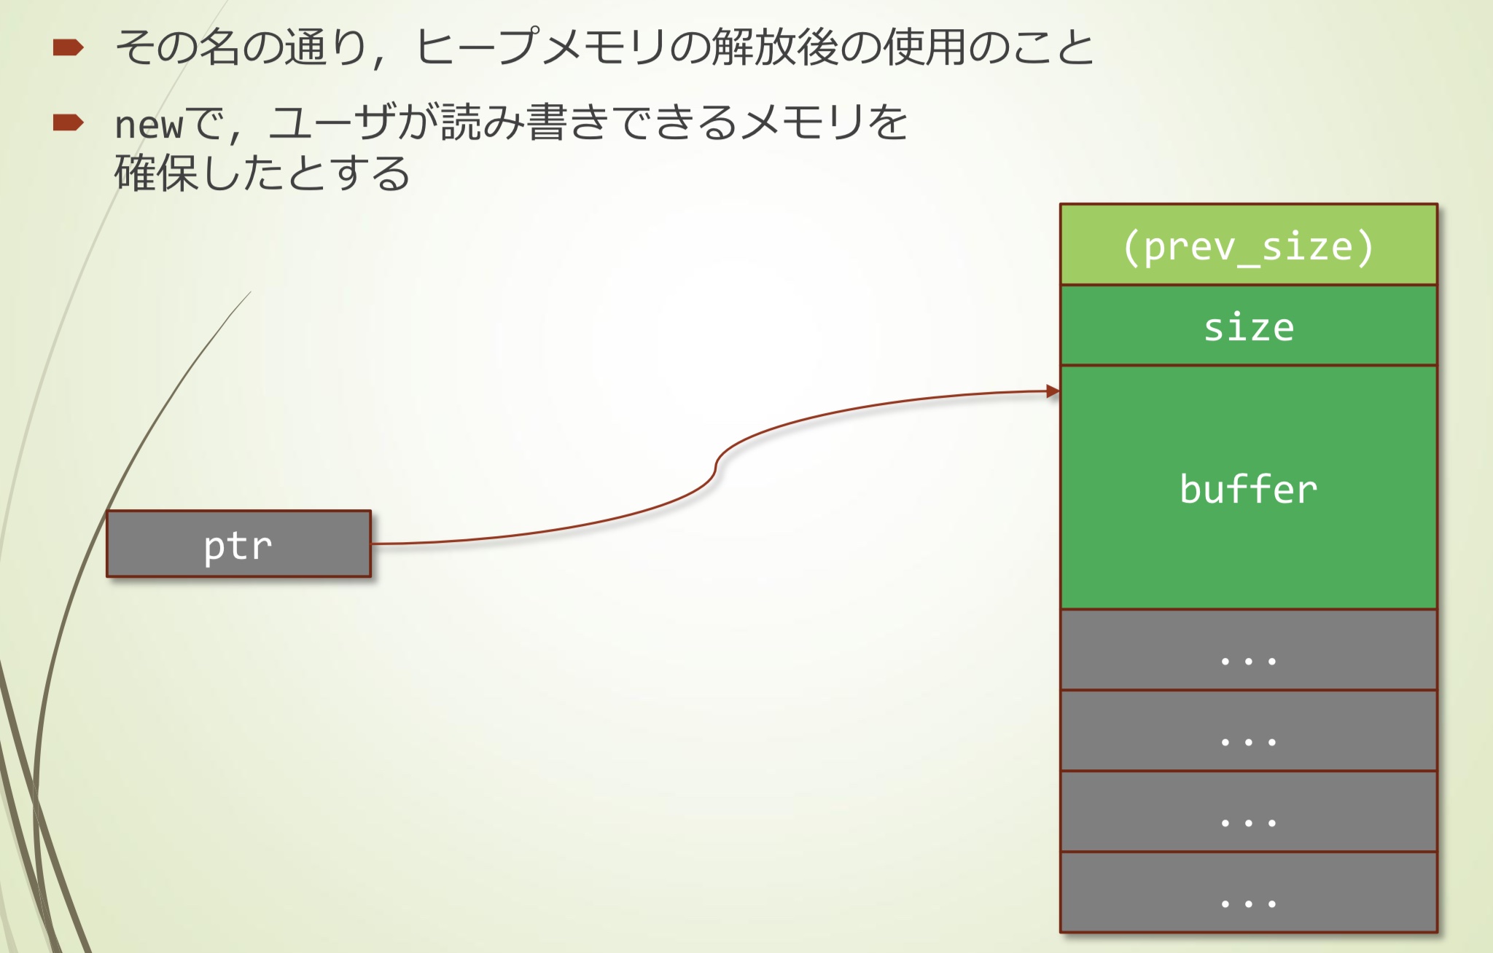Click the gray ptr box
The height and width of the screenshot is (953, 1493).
coord(238,544)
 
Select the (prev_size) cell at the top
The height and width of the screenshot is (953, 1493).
coord(1248,246)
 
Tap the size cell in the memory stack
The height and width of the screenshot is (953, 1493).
coord(1248,326)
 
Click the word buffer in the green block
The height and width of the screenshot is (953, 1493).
coord(1248,488)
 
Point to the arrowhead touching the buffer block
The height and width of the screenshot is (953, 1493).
coord(1053,391)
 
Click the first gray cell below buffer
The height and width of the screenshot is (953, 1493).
coord(1248,650)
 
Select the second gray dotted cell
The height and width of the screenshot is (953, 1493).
coord(1248,731)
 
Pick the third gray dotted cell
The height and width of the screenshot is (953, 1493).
coord(1248,812)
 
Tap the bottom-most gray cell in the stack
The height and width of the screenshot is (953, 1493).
coord(1248,893)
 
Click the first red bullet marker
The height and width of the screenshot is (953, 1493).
coord(68,48)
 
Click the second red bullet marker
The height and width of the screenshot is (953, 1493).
coord(68,122)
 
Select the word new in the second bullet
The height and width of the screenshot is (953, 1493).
coord(149,124)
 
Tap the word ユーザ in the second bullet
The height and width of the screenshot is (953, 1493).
coord(332,122)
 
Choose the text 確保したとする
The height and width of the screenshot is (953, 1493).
coord(262,173)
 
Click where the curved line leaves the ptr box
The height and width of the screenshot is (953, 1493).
coord(373,544)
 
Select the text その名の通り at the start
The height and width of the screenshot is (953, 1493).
coord(241,48)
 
